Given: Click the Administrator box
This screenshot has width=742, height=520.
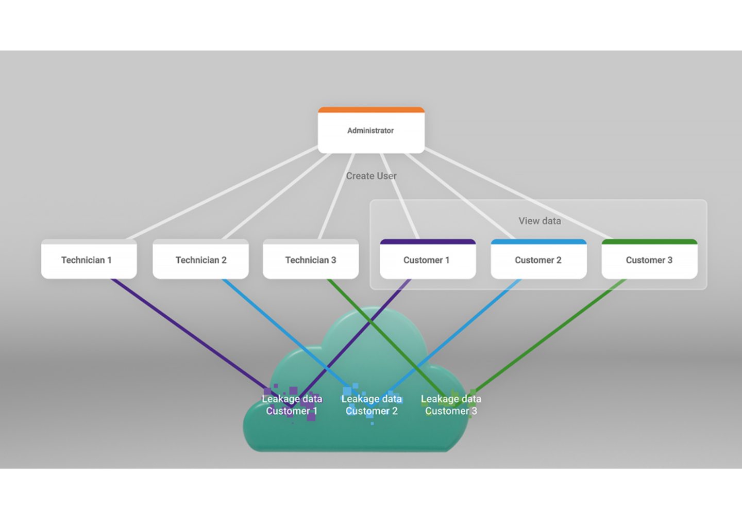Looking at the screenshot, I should click(x=371, y=131).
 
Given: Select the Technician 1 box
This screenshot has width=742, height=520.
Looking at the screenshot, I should click(x=89, y=260).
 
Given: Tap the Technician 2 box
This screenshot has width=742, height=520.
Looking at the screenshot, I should click(x=200, y=260).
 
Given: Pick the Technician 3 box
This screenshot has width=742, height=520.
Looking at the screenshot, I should click(x=311, y=260).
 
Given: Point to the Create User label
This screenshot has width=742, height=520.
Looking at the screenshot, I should click(x=371, y=176).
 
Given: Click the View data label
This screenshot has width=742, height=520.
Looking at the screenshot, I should click(x=539, y=221).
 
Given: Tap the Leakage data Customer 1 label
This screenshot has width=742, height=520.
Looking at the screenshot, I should click(x=292, y=405).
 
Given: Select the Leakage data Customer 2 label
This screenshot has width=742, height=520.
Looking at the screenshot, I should click(x=372, y=405).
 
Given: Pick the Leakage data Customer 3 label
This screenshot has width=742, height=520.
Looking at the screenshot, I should click(x=451, y=405).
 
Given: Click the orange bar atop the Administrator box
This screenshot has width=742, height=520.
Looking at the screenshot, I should click(x=371, y=110).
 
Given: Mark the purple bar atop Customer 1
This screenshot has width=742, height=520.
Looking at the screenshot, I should click(x=427, y=241).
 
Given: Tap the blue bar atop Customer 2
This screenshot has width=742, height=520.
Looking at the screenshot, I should click(x=538, y=241).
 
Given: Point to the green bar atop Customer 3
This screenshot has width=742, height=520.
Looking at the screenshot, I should click(x=649, y=241).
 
